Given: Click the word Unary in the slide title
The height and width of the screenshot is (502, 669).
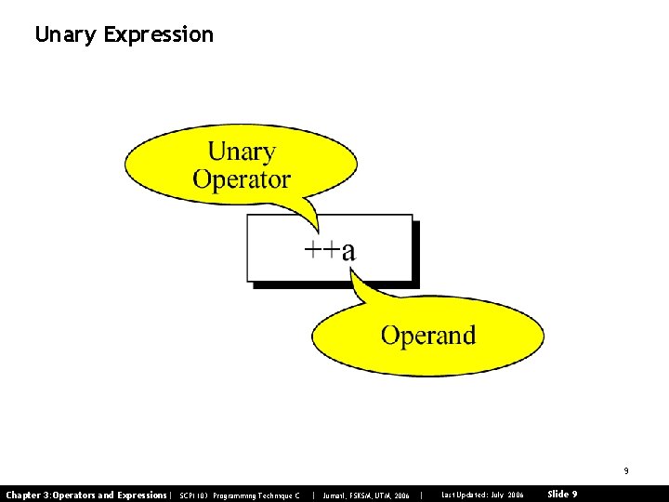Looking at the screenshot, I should point(66,35).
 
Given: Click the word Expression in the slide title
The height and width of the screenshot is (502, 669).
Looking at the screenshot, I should point(159,35).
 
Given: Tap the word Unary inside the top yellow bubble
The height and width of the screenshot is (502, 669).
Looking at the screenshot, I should point(242,151).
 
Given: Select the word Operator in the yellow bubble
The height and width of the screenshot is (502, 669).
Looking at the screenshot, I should point(242,179).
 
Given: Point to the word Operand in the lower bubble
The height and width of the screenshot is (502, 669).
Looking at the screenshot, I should point(427,335).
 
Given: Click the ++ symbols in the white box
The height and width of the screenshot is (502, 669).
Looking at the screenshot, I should point(321,250).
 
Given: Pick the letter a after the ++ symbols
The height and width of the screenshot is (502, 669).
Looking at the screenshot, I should point(348,251).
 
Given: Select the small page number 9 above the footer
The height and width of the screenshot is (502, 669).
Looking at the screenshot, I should point(625,471).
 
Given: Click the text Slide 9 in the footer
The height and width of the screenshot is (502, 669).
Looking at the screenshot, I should point(562,495).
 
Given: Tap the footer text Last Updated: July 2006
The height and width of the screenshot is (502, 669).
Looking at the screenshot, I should point(482,495).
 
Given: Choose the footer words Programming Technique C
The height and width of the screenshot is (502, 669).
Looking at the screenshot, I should point(256,495).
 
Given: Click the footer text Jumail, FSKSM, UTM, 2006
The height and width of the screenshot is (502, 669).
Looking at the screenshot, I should point(366,495).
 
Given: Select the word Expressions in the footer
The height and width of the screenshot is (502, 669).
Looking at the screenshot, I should point(139,495).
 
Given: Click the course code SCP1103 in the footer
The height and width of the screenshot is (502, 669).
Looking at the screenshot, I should point(193,495).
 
